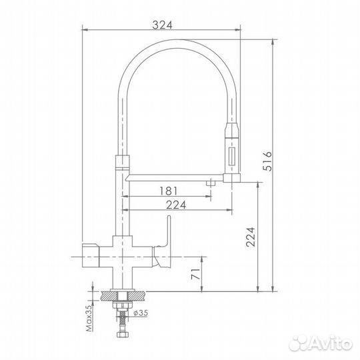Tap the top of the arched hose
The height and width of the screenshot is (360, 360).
pos(177,41)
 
